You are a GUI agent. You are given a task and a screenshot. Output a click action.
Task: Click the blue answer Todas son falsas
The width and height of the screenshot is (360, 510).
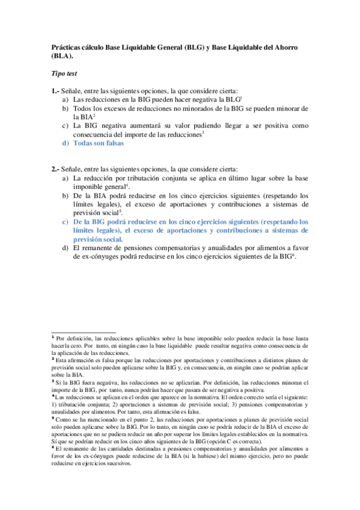tap(97, 144)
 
